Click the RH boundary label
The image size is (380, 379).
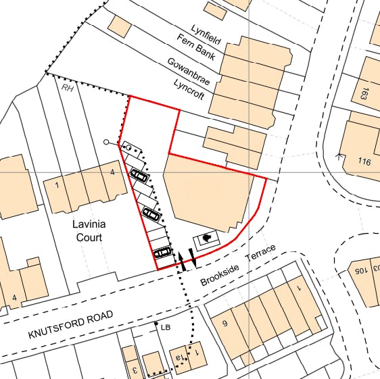pos(67,87)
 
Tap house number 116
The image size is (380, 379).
pos(364,161)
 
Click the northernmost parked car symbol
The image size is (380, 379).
pos(139,176)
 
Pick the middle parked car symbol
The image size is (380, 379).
pos(152,216)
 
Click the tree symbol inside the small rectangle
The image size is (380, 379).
pos(207,238)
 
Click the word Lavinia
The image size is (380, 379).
pos(89,224)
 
